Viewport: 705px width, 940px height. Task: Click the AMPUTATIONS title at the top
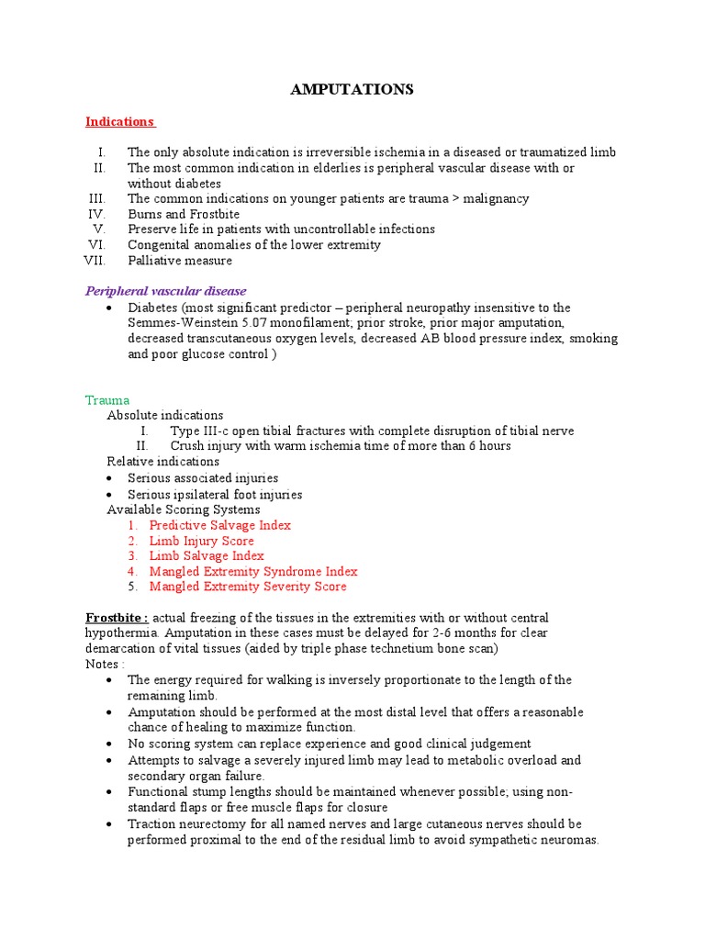coord(352,89)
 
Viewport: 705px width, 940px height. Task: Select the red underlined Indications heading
coord(119,121)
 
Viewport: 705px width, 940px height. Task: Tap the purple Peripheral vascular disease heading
coord(165,291)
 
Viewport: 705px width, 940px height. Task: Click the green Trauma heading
coord(107,400)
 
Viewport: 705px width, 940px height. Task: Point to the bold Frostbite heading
coord(117,618)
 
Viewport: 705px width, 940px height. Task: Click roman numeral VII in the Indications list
coord(95,261)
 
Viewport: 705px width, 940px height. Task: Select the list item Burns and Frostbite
coord(184,214)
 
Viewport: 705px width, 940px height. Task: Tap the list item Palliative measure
coord(180,261)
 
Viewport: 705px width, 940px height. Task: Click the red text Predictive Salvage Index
coord(219,525)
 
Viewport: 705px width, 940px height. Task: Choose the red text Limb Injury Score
coord(201,541)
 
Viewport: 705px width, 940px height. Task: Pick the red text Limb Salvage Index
coord(206,555)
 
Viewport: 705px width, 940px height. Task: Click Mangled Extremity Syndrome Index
coord(252,571)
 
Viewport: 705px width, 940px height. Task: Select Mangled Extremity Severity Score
coord(248,587)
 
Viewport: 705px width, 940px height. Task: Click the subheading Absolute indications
coord(164,415)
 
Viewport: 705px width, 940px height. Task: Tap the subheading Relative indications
coord(162,461)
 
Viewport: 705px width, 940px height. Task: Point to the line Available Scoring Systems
coord(183,509)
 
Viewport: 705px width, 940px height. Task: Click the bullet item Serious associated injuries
coord(202,478)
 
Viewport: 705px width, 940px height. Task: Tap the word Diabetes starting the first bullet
coord(151,308)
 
